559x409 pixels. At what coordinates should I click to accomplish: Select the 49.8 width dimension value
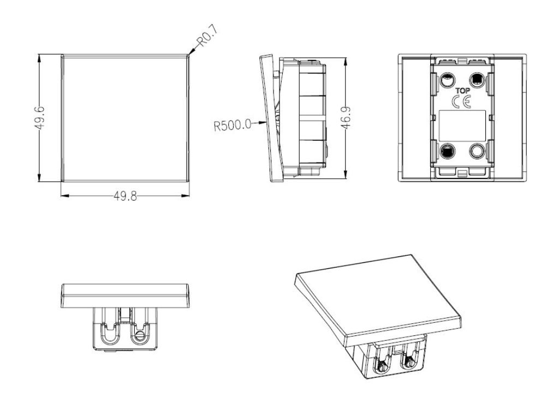point(125,197)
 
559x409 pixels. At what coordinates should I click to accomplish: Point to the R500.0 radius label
point(232,124)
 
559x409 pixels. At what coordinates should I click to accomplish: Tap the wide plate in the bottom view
point(126,294)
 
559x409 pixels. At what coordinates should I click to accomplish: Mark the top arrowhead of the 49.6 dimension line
point(39,57)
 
